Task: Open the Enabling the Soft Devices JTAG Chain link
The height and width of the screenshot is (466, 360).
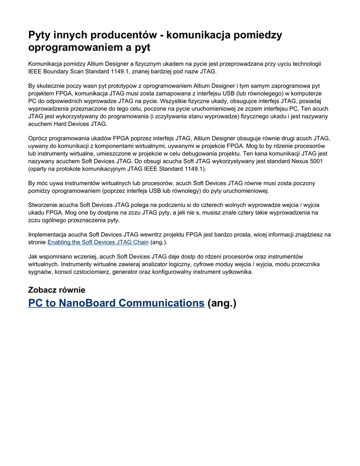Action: [x=98, y=242]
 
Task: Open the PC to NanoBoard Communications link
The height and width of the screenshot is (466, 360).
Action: [x=116, y=303]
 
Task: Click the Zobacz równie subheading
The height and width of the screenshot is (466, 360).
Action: [x=56, y=290]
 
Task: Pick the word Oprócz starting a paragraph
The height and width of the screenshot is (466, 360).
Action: [x=40, y=138]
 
